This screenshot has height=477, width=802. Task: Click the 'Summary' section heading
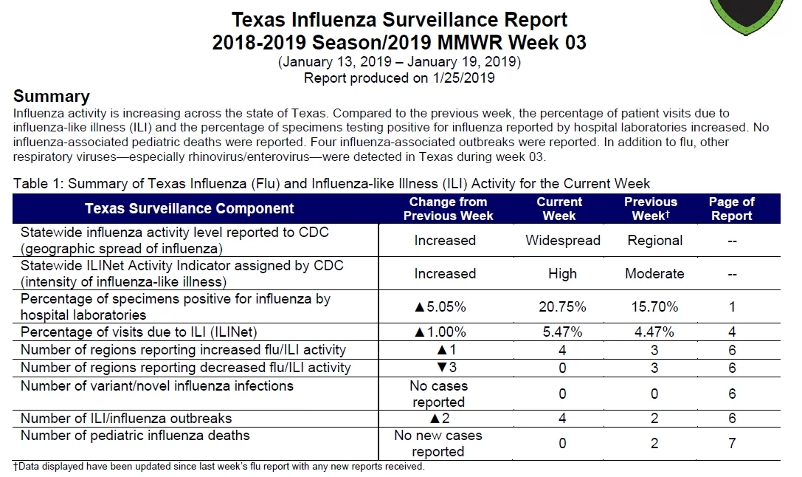point(51,96)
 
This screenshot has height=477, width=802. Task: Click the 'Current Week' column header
point(559,209)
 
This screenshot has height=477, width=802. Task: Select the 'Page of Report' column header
point(731,209)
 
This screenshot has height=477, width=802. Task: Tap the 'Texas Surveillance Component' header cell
point(189,209)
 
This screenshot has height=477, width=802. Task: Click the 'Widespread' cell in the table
point(563,241)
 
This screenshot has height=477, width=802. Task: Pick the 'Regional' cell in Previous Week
point(654,241)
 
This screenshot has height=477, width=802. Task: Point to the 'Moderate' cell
point(654,274)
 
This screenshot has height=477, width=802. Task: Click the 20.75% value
point(562,306)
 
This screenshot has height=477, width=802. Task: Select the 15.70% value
point(654,306)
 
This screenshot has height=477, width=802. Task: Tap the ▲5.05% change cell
point(440,306)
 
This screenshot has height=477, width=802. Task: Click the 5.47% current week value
point(562,332)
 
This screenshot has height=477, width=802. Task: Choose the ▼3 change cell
point(446,368)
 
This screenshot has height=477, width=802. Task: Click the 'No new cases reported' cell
point(438,443)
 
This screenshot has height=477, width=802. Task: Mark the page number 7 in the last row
point(732,443)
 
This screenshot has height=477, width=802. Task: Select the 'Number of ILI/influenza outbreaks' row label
point(126,418)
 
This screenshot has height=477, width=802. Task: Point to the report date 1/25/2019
point(464,78)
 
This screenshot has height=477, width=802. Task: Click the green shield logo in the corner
point(747,16)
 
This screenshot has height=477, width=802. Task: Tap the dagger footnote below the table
point(219,466)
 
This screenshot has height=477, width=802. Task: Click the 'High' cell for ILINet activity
point(562,274)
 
